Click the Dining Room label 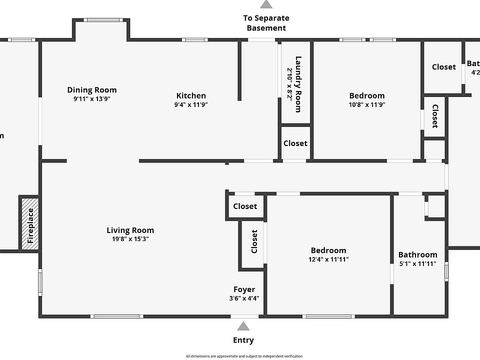pyautogui.click(x=92, y=90)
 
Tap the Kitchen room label pyautogui.click(x=191, y=95)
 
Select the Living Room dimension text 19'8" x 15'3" pyautogui.click(x=130, y=239)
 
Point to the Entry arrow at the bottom pyautogui.click(x=243, y=326)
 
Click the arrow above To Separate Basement pyautogui.click(x=266, y=4)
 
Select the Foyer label pyautogui.click(x=244, y=289)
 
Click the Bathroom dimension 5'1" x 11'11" pyautogui.click(x=417, y=263)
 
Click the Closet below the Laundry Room pyautogui.click(x=295, y=143)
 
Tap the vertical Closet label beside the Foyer pyautogui.click(x=254, y=241)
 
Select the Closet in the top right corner pyautogui.click(x=443, y=67)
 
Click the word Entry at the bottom pyautogui.click(x=243, y=340)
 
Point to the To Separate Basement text pyautogui.click(x=266, y=23)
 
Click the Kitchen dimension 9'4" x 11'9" pyautogui.click(x=191, y=105)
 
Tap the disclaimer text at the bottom pyautogui.click(x=244, y=356)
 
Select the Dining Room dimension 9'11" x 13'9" pyautogui.click(x=92, y=99)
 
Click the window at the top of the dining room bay pyautogui.click(x=101, y=20)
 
